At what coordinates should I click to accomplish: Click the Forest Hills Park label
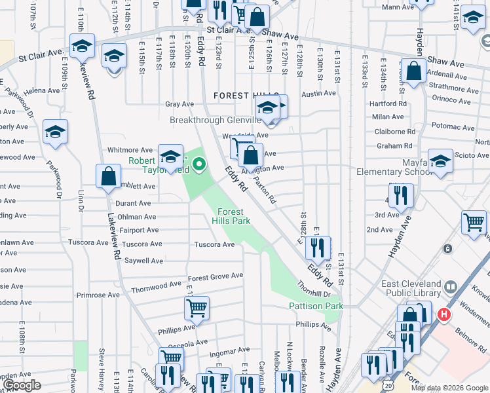pyautogui.click(x=231, y=216)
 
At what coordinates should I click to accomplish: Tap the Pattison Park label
pyautogui.click(x=316, y=306)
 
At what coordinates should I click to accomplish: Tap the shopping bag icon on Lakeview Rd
pyautogui.click(x=109, y=176)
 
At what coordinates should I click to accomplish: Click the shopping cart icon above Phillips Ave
pyautogui.click(x=197, y=307)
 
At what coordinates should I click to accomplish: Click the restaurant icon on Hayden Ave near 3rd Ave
pyautogui.click(x=401, y=195)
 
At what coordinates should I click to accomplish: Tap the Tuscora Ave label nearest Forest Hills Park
pyautogui.click(x=214, y=244)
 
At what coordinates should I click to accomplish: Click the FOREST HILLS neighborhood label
pyautogui.click(x=246, y=96)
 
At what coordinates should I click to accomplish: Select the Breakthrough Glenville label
pyautogui.click(x=215, y=121)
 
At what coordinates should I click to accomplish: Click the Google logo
pyautogui.click(x=22, y=384)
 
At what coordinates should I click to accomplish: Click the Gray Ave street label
pyautogui.click(x=179, y=104)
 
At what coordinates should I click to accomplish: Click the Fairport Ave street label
pyautogui.click(x=139, y=230)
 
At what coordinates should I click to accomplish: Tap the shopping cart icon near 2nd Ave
pyautogui.click(x=474, y=221)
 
